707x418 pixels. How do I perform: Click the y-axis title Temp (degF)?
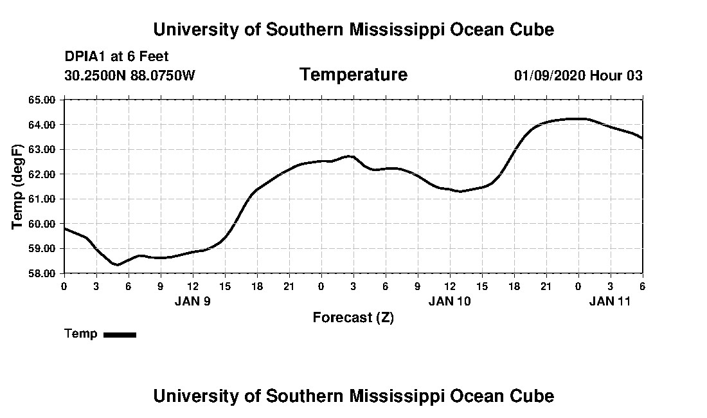pyautogui.click(x=19, y=186)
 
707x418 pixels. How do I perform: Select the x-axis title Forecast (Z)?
pyautogui.click(x=353, y=317)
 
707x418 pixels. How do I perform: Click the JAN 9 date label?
pyautogui.click(x=192, y=300)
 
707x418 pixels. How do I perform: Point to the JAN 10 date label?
pyautogui.click(x=450, y=300)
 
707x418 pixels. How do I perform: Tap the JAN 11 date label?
pyautogui.click(x=610, y=300)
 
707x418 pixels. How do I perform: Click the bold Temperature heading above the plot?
pyautogui.click(x=353, y=75)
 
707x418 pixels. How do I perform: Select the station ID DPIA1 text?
pyautogui.click(x=85, y=57)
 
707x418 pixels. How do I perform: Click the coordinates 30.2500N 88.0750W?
pyautogui.click(x=129, y=75)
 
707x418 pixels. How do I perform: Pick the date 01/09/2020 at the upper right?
pyautogui.click(x=549, y=75)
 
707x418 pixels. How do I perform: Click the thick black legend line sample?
pyautogui.click(x=120, y=334)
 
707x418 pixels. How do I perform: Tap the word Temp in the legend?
pyautogui.click(x=81, y=334)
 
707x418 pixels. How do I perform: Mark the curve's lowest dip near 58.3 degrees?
pyautogui.click(x=117, y=264)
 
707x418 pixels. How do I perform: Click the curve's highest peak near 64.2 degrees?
pyautogui.click(x=575, y=118)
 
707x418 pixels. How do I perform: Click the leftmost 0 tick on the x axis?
pyautogui.click(x=64, y=286)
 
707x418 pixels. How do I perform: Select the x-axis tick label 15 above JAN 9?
pyautogui.click(x=225, y=286)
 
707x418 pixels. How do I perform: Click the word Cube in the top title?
pyautogui.click(x=532, y=30)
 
